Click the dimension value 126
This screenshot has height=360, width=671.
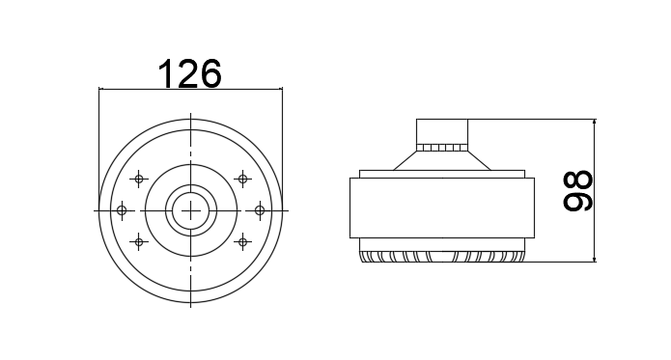point(190,73)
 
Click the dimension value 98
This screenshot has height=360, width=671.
point(577,191)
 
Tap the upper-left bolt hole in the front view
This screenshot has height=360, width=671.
point(139,179)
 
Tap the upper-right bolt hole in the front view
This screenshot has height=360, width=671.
point(242,179)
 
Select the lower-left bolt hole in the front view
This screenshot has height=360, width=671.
point(139,242)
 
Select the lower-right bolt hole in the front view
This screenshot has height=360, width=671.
point(242,242)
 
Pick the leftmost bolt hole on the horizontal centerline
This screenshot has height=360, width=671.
point(122,210)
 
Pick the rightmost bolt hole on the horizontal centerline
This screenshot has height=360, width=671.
point(260,210)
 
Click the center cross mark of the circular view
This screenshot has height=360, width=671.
point(190,210)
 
